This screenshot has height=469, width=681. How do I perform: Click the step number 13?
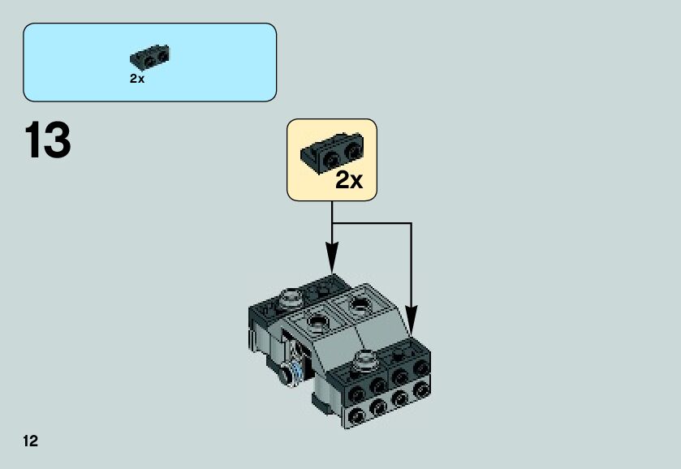point(48,140)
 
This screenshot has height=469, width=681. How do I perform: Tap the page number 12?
point(31,441)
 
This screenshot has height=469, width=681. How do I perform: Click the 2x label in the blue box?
point(136,79)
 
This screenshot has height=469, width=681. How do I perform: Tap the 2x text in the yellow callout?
point(349,180)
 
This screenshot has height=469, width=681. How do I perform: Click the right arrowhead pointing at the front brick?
point(412,319)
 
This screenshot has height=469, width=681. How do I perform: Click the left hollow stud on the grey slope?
point(317,322)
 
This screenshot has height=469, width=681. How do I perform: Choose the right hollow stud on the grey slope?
point(358,306)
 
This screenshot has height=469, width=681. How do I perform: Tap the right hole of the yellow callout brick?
point(351,151)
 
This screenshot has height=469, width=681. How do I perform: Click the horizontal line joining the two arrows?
point(372,222)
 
